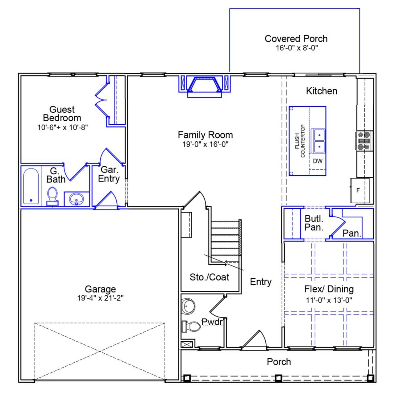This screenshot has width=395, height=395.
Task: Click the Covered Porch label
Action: pyautogui.click(x=296, y=39)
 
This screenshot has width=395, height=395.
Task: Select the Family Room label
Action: pyautogui.click(x=205, y=135)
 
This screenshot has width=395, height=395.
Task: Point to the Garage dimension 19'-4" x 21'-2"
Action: pyautogui.click(x=100, y=298)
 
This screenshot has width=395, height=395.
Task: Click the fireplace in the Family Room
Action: pyautogui.click(x=205, y=85)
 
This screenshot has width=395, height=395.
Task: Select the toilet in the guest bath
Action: pyautogui.click(x=52, y=197)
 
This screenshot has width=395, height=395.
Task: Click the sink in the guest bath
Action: pyautogui.click(x=76, y=199)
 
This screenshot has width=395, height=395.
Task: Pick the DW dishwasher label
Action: pyautogui.click(x=318, y=161)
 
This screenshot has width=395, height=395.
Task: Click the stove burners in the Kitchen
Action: pyautogui.click(x=364, y=141)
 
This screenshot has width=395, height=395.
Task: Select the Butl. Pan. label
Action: pyautogui.click(x=314, y=223)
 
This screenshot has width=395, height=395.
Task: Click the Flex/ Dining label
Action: pyautogui.click(x=329, y=289)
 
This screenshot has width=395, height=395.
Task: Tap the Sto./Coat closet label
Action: pyautogui.click(x=209, y=277)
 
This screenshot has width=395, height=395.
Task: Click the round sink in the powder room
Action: pyautogui.click(x=188, y=306)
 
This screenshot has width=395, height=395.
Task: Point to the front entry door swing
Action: pyautogui.click(x=256, y=339)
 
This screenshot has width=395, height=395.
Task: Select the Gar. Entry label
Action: pyautogui.click(x=109, y=174)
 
